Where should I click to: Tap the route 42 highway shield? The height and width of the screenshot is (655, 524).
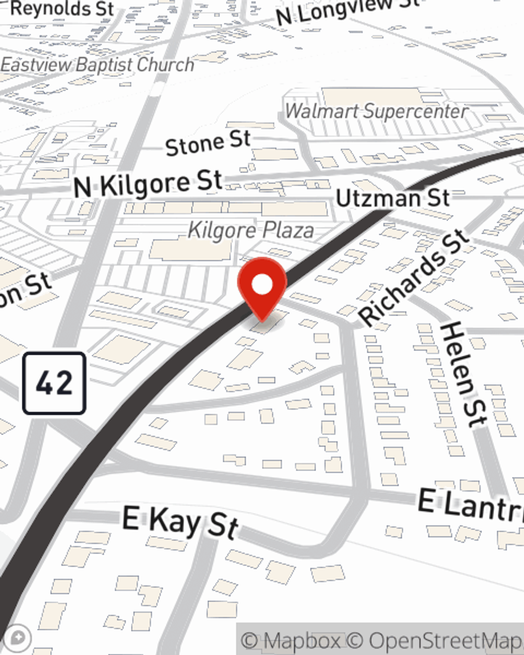[x=54, y=384]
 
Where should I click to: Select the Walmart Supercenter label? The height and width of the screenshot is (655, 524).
[x=376, y=111]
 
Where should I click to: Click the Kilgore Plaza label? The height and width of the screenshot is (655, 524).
[x=251, y=230]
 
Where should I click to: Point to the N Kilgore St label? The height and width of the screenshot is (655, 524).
[x=148, y=184]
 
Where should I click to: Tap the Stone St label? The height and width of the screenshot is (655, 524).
[x=208, y=143]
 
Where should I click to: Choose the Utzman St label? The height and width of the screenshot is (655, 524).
[x=392, y=198]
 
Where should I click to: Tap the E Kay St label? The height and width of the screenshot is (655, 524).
[x=180, y=522]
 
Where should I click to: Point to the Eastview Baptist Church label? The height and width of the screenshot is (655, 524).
[x=97, y=65]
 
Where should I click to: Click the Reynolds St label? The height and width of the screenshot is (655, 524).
[x=62, y=8]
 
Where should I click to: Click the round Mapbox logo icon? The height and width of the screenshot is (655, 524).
[x=17, y=639]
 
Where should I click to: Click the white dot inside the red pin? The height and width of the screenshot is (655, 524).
[x=262, y=285]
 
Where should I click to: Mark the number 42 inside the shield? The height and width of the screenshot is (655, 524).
[x=54, y=384]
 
